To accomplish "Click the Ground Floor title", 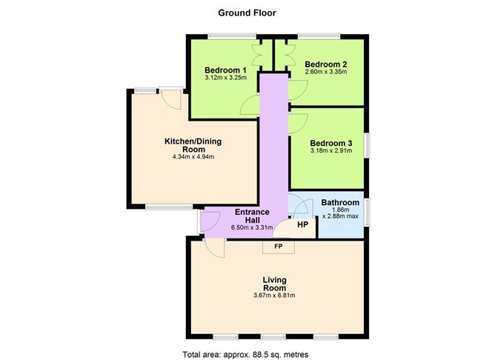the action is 247,13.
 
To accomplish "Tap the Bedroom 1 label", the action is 225,70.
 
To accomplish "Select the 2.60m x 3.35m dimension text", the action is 326,72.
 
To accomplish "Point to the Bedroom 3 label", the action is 330,143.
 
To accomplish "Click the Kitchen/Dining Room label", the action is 193,145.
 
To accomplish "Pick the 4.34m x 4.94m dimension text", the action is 193,157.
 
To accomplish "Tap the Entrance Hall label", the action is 252,216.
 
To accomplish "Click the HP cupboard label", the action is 302,224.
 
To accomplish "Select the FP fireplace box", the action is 279,247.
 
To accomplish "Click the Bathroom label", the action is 340,202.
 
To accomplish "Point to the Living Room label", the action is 275,284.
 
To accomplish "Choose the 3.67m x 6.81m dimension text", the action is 274,296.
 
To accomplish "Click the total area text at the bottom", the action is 245,354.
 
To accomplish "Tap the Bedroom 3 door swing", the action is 298,124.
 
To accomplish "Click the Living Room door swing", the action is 215,248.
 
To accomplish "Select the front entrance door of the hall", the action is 210,221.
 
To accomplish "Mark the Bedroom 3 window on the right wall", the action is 367,145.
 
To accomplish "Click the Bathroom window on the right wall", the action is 367,212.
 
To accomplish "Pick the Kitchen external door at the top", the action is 170,99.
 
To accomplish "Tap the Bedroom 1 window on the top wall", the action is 231,36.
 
